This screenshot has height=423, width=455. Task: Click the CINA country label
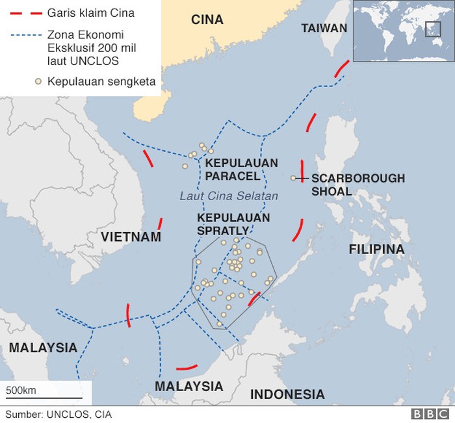[207, 19]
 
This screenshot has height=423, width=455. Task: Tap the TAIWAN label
[324, 28]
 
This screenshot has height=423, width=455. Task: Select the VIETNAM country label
[131, 237]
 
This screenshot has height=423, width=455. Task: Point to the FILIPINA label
[376, 250]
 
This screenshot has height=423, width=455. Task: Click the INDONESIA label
[287, 394]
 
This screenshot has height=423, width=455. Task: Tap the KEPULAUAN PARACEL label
[241, 170]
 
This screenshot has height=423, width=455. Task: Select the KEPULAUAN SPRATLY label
[233, 224]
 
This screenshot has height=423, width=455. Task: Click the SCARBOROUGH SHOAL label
[357, 185]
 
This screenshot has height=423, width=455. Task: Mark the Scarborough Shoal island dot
[293, 178]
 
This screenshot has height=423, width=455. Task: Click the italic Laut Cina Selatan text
[228, 196]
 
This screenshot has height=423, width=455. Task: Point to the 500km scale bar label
[21, 390]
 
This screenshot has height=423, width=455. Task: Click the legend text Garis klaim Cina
[91, 13]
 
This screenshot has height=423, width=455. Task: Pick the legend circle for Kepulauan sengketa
[38, 81]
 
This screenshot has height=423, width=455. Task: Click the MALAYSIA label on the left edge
[43, 347]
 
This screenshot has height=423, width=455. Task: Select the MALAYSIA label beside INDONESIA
[188, 387]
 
